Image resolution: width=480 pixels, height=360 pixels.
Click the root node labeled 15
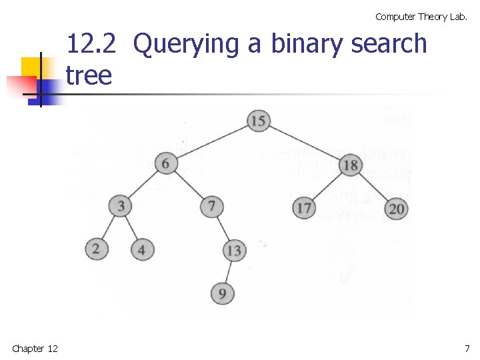258,121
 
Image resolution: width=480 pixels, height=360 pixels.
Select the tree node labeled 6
166,163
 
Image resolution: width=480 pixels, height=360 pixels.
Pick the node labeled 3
121,205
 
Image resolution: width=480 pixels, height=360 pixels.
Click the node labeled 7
211,205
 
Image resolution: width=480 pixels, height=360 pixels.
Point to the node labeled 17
303,208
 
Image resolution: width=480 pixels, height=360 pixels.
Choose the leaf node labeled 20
396,209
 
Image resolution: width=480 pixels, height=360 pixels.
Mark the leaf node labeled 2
96,249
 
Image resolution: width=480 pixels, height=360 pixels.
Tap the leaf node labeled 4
141,251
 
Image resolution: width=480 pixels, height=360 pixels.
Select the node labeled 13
233,251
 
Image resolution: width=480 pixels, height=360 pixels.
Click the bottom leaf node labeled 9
222,293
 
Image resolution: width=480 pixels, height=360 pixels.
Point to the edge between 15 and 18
304,143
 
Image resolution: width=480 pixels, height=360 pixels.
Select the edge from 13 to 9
227,272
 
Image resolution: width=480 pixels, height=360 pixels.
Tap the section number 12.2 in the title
91,44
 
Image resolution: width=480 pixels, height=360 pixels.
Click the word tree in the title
89,75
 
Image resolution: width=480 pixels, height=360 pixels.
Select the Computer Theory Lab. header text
421,17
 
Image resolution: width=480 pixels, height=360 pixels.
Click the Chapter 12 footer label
35,348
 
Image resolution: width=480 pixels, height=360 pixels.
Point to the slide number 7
467,348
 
